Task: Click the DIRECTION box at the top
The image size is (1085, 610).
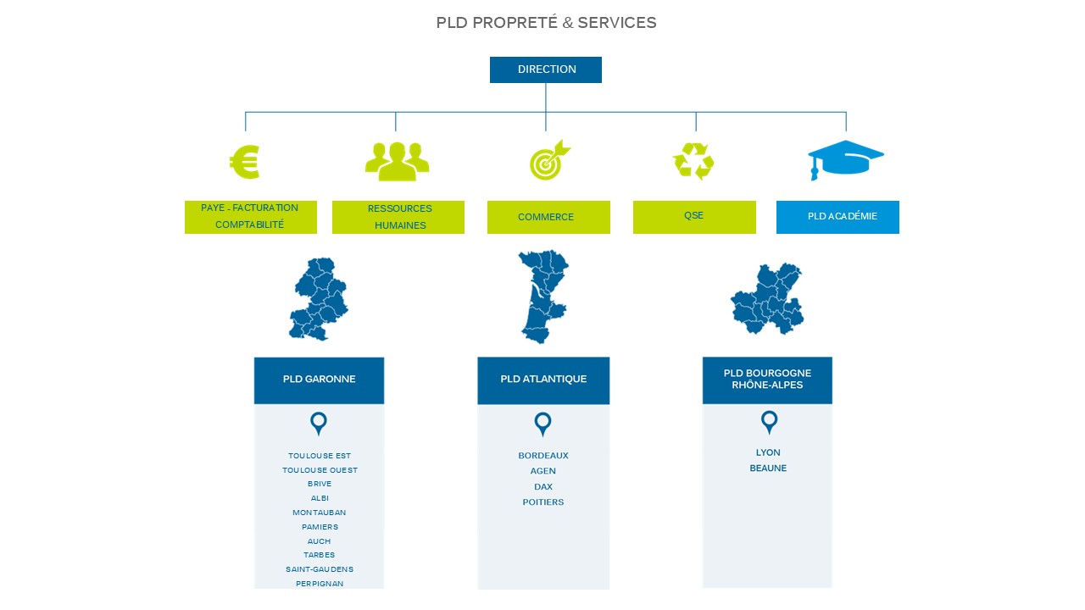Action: [x=546, y=69]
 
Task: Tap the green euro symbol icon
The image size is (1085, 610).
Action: [x=245, y=162]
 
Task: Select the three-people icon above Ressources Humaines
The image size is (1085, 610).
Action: [x=397, y=160]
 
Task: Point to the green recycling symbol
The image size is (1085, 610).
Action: [x=693, y=161]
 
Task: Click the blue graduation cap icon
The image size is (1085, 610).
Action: [x=845, y=159]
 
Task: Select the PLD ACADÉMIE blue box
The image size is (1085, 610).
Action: [x=837, y=217]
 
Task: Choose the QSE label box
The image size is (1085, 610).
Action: [x=694, y=217]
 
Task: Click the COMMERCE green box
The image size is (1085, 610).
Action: [x=548, y=217]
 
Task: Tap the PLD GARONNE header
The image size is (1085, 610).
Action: [x=319, y=380]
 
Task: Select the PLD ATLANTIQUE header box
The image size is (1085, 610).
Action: [x=543, y=380]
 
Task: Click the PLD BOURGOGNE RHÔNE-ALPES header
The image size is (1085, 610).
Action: [x=767, y=380]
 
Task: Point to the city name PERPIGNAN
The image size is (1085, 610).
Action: [x=320, y=584]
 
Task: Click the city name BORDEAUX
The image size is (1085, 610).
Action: [x=543, y=456]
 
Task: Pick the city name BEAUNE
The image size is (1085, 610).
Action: [x=768, y=469]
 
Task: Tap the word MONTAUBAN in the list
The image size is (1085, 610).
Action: [x=320, y=513]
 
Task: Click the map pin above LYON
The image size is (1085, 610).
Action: [x=769, y=422]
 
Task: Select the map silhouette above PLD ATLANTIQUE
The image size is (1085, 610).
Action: [x=542, y=295]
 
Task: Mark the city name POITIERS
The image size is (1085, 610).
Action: [x=543, y=502]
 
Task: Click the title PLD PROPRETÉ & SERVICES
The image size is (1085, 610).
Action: [x=546, y=23]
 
